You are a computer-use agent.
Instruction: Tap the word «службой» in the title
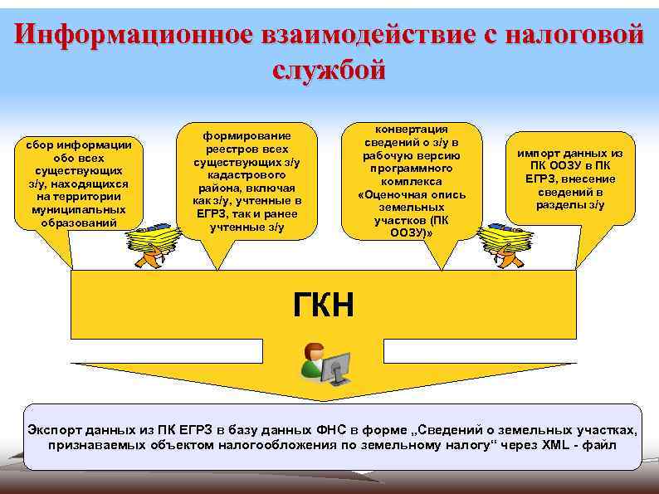[x=329, y=69]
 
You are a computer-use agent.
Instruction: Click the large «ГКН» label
[x=324, y=305]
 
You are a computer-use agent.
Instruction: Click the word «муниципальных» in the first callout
[x=80, y=210]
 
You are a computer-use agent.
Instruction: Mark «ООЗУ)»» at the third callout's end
[x=412, y=232]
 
